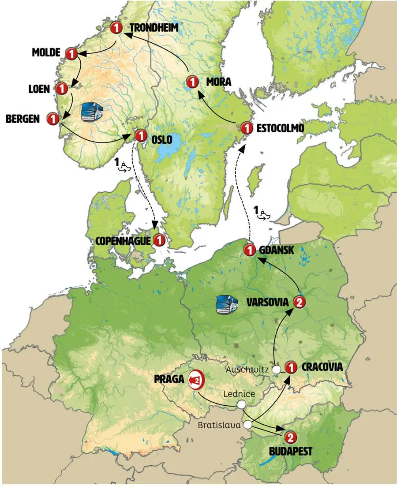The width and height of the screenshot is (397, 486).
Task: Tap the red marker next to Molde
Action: [71, 54]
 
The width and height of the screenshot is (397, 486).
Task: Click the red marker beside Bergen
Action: [52, 119]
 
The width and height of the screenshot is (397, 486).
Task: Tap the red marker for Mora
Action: [192, 82]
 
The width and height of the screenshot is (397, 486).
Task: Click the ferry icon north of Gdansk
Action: [263, 213]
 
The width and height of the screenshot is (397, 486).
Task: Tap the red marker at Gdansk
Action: [250, 250]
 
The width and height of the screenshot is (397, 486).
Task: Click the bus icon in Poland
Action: [226, 304]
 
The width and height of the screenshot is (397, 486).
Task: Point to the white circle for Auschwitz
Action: [277, 370]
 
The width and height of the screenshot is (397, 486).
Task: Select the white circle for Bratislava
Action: [248, 425]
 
